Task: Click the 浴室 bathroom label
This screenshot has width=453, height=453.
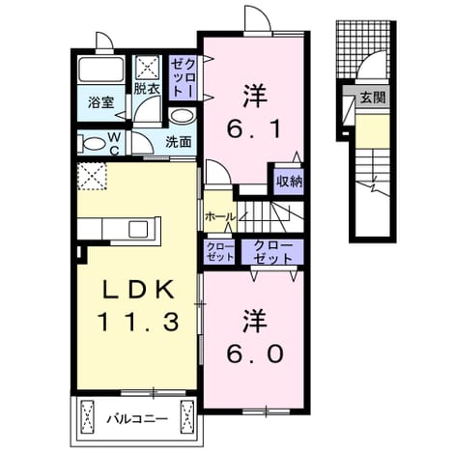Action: [x=101, y=102]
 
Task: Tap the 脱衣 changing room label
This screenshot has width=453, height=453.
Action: [x=147, y=89]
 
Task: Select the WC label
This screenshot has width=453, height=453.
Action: [x=114, y=144]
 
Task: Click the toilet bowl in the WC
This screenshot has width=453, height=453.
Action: [x=92, y=143]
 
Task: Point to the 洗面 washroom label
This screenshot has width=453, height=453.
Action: [x=179, y=142]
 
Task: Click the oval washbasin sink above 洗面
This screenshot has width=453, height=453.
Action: [x=183, y=116]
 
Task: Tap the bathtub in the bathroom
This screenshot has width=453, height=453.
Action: [x=101, y=70]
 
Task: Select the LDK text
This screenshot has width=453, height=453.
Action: [x=138, y=290]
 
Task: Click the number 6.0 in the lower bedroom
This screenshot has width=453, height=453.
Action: [x=255, y=354]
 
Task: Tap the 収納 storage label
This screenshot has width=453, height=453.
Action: [x=290, y=182]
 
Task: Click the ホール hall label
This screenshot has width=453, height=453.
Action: [x=220, y=216]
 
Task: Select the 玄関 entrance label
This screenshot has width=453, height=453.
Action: [x=373, y=97]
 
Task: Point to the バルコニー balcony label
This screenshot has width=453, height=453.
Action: [x=137, y=419]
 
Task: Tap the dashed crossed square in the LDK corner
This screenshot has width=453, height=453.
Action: [x=92, y=176]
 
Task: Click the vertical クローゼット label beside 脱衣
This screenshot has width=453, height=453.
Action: [x=183, y=78]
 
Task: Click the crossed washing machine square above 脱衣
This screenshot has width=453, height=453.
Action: [x=148, y=68]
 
